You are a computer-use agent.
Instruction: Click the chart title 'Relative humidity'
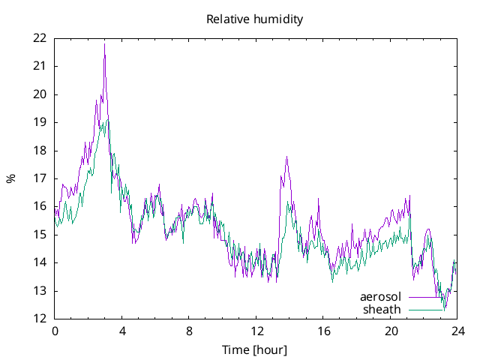click(255, 19)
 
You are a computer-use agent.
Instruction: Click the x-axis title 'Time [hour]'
click(254, 349)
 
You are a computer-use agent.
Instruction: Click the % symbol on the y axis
click(11, 178)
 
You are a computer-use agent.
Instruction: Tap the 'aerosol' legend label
click(381, 297)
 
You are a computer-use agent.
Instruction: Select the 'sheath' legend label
click(382, 309)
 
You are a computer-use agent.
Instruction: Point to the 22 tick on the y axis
click(40, 38)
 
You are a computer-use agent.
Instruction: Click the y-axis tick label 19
click(40, 122)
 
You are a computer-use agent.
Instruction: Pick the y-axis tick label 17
click(40, 178)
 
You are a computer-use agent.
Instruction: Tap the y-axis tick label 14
click(40, 262)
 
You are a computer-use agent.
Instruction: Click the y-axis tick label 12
click(40, 319)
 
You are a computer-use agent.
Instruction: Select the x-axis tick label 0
click(55, 331)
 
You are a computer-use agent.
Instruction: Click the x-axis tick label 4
click(122, 331)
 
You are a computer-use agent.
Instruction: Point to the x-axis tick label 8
click(189, 331)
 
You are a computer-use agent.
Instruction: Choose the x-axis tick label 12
click(256, 331)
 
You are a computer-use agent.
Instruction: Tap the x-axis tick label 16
click(323, 331)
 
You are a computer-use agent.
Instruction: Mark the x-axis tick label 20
click(391, 331)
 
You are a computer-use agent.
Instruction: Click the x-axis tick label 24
click(457, 331)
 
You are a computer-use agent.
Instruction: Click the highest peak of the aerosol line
click(105, 44)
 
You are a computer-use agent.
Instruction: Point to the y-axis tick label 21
click(40, 66)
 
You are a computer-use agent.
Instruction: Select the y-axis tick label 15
click(40, 235)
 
